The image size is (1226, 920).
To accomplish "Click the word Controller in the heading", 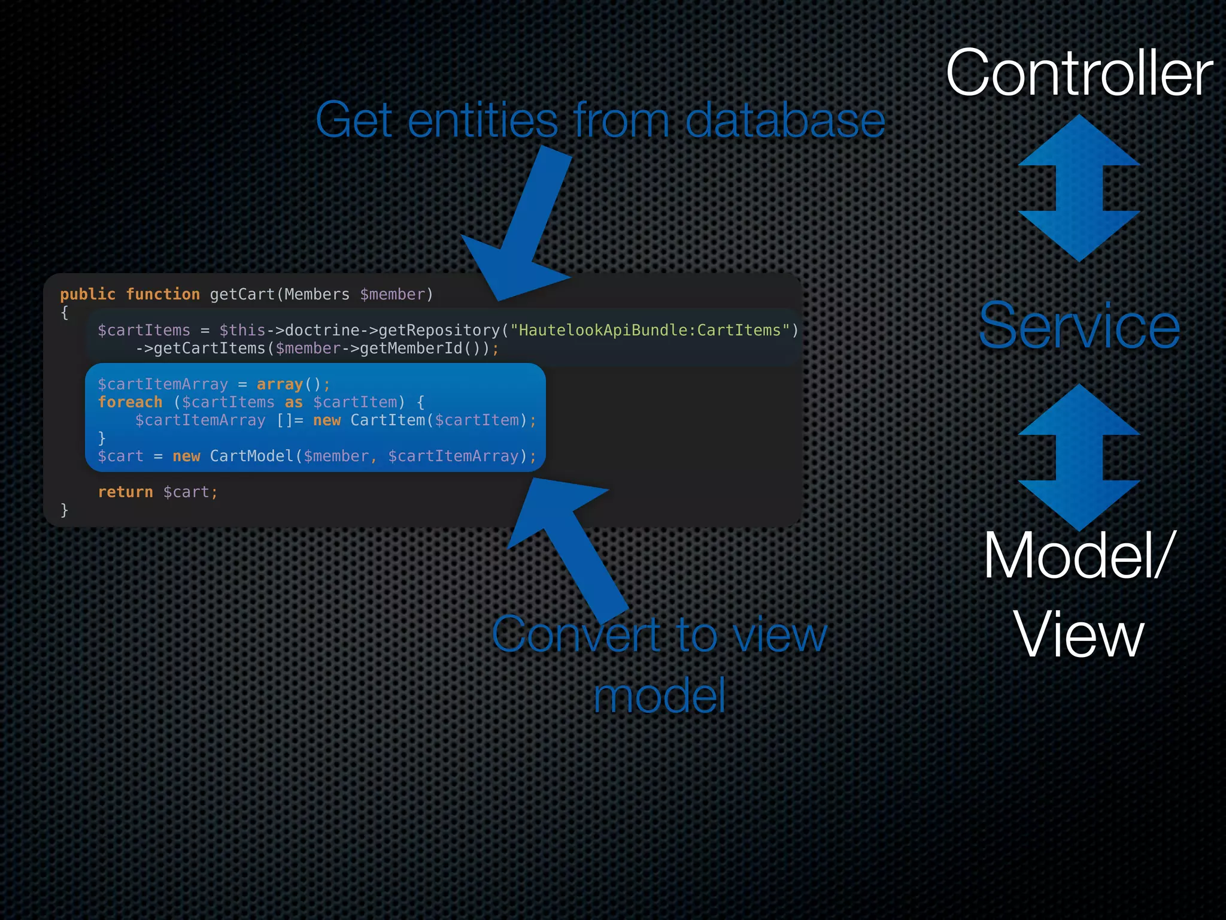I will tap(1079, 73).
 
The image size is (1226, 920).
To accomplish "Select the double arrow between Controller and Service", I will tap(1079, 188).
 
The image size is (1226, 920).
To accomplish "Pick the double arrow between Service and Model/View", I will tap(1079, 457).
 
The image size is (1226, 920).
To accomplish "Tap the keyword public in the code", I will tap(87, 294).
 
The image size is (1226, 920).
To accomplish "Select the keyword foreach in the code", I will tap(130, 402).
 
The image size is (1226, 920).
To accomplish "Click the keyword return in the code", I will tap(125, 492).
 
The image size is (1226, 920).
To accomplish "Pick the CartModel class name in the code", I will tap(251, 456).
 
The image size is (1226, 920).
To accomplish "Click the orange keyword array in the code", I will tap(280, 384).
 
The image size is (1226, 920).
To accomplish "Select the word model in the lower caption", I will tap(659, 695).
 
